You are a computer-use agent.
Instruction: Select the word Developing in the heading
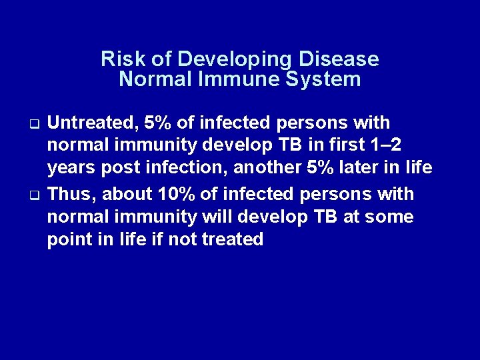click(x=218, y=59)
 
